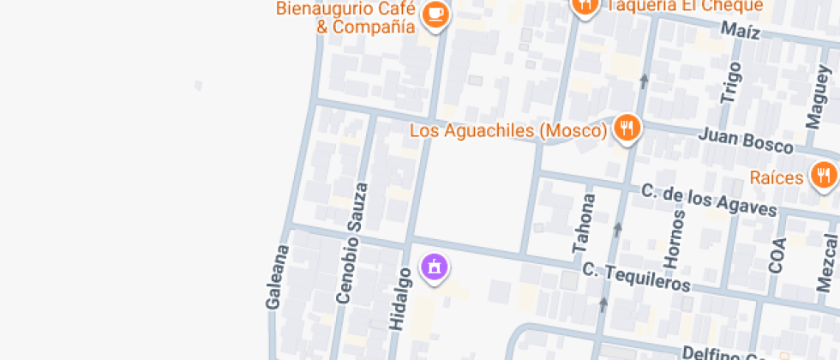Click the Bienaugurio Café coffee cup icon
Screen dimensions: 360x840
click(x=435, y=15)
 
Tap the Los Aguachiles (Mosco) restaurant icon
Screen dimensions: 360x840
click(x=627, y=129)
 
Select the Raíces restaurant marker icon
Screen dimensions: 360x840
click(x=824, y=177)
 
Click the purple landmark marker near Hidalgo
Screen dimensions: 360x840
click(x=435, y=267)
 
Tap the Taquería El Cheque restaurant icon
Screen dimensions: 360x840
click(x=585, y=5)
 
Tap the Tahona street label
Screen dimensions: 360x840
click(x=586, y=223)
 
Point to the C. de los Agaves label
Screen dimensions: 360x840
click(x=709, y=201)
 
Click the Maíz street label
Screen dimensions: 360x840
click(x=741, y=33)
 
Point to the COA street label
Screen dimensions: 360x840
click(x=777, y=255)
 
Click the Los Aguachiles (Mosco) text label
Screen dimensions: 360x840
click(x=508, y=130)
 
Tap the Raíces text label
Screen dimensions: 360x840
click(x=776, y=178)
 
